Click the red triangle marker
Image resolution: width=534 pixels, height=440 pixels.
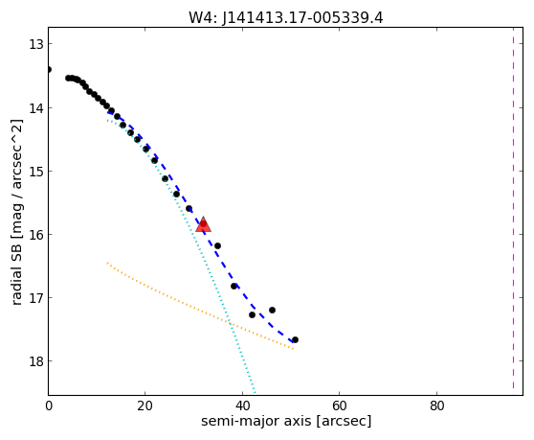pos(203,224)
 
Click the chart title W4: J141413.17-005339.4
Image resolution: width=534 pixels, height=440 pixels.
pos(286,18)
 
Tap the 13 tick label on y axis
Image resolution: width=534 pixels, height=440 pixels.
pos(35,44)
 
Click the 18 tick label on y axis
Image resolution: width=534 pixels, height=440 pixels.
pos(35,361)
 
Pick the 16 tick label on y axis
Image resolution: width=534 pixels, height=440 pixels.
pos(35,235)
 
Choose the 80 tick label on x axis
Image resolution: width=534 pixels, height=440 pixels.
pos(437,406)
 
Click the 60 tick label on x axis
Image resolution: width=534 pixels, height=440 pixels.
pos(340,406)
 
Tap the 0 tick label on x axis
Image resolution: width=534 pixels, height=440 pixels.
pos(49,406)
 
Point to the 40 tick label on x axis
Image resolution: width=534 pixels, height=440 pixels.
pos(242,406)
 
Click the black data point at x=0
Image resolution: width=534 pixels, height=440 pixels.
pos(49,70)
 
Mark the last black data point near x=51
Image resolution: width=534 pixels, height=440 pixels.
pos(296,339)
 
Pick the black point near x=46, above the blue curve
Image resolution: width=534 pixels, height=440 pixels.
pos(272,310)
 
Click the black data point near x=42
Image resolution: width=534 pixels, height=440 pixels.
pos(252,314)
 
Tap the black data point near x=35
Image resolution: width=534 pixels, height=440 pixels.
pos(217,245)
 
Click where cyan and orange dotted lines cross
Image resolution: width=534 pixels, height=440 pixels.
pos(230,323)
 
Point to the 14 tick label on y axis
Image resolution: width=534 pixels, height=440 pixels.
pos(35,108)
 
